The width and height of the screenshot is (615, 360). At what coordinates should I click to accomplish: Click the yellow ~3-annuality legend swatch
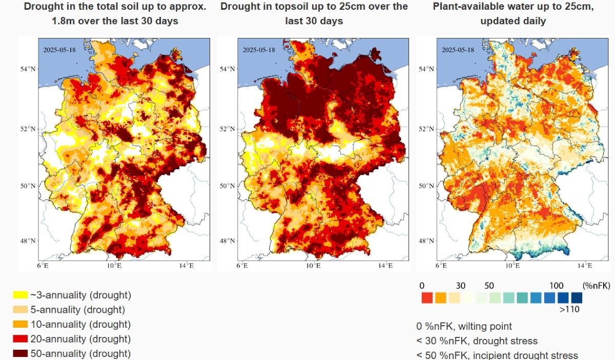coord(20,295)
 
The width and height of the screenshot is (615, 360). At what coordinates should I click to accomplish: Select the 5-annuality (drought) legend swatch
coord(20,310)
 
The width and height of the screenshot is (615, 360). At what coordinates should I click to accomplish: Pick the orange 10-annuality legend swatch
coord(20,325)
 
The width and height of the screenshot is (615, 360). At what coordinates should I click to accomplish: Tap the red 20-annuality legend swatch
coord(20,339)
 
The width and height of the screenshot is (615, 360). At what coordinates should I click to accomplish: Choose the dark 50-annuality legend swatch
coord(20,354)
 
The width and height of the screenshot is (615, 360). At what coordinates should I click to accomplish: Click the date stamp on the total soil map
coord(59,50)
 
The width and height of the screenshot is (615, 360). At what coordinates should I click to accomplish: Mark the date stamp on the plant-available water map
coord(458,50)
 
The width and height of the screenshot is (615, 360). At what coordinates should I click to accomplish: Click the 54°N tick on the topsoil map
coord(228,69)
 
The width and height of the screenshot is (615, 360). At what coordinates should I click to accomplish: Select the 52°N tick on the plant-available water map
coord(427,129)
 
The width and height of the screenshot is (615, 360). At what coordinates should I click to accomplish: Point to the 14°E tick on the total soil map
coord(186,266)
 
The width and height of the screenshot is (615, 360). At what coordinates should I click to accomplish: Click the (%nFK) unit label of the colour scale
coord(597,286)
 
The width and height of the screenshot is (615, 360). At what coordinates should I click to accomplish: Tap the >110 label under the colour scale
coord(569,309)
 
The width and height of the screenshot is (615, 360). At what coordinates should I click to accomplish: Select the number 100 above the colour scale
coord(556,286)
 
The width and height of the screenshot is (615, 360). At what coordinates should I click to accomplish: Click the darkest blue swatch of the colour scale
coord(577,297)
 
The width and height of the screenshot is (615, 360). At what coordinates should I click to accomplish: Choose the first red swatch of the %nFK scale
coord(427,297)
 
